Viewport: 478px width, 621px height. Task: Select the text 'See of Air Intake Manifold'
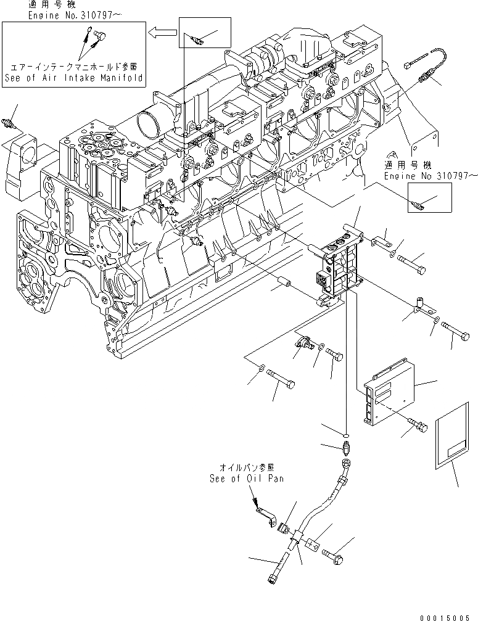coord(73,78)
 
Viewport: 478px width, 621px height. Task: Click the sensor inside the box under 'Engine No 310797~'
coord(416,204)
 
